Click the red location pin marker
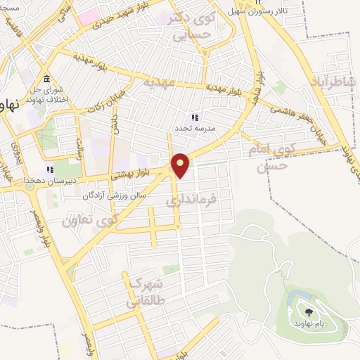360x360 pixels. point(181,165)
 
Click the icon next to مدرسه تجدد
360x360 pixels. point(195,117)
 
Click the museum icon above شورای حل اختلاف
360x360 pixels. point(46,78)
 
